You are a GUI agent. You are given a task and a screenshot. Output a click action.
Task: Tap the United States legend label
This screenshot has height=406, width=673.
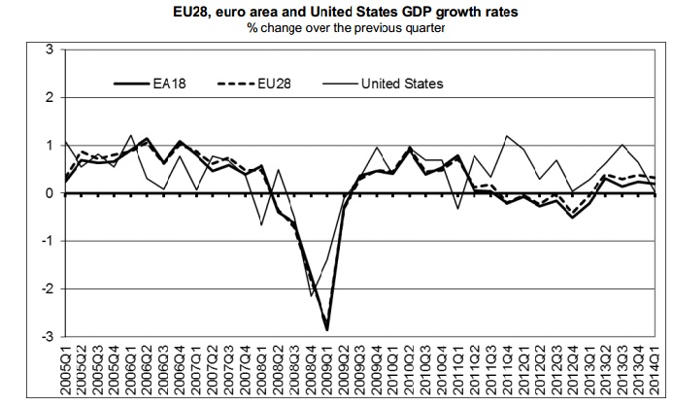401,84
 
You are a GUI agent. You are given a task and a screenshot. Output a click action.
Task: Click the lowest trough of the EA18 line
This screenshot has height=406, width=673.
327,330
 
